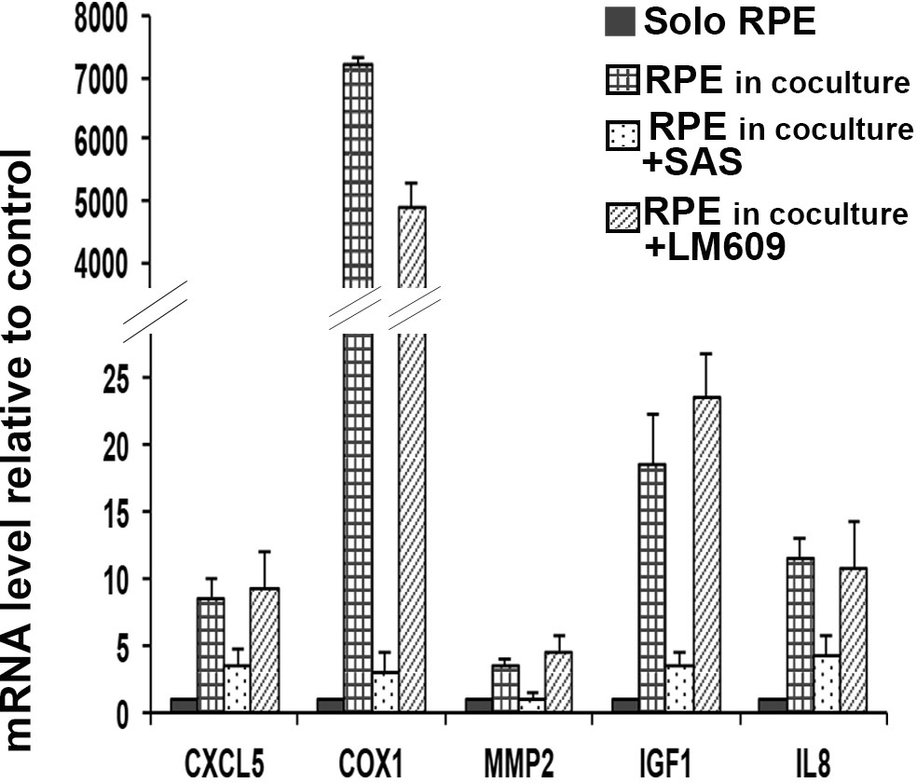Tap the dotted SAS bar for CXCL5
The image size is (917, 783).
coord(239,689)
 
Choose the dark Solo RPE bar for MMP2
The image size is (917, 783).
coord(478,706)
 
